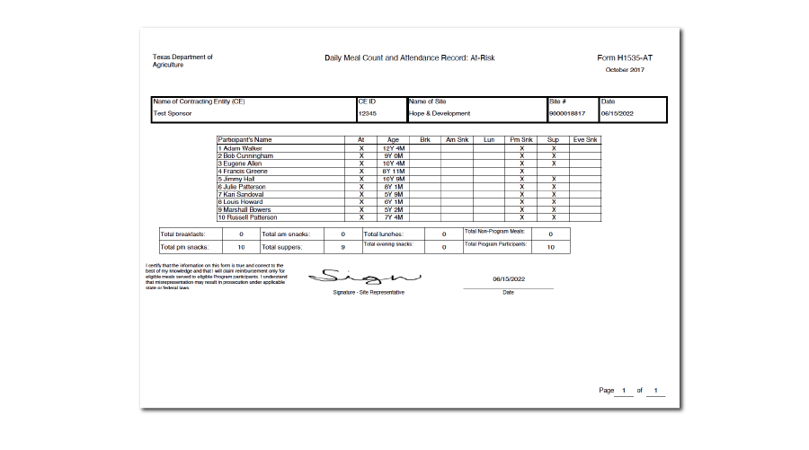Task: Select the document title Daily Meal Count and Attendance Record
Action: point(410,58)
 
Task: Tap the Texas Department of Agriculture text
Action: point(182,61)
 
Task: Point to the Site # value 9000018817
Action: point(567,114)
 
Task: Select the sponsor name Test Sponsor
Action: point(173,114)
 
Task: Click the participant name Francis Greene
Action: point(245,171)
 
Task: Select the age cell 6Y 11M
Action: point(393,171)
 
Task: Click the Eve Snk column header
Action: point(585,140)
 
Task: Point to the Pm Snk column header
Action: point(521,140)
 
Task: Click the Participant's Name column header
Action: point(245,140)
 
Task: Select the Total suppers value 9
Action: point(342,247)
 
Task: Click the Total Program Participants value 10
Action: point(551,247)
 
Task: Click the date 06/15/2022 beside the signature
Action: point(508,279)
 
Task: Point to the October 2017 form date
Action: point(625,70)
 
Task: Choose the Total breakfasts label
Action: point(182,234)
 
